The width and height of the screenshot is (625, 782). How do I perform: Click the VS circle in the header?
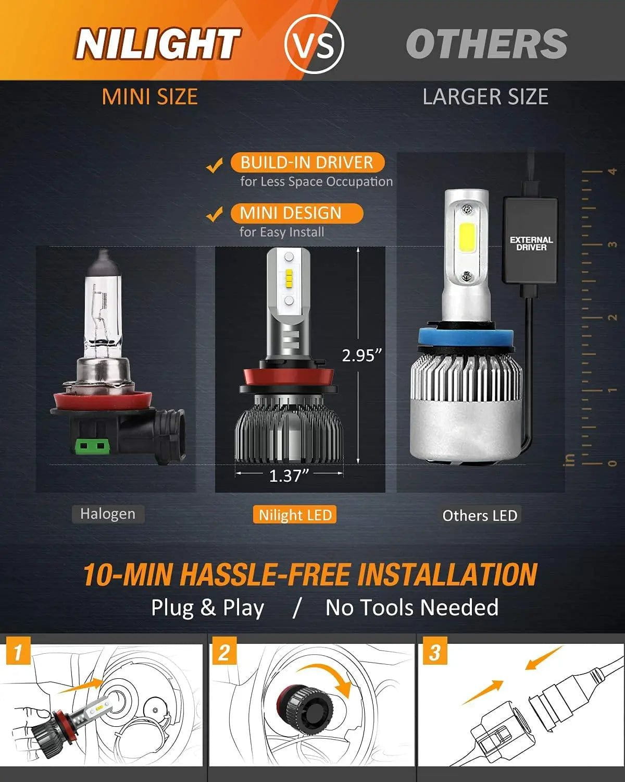pos(315,44)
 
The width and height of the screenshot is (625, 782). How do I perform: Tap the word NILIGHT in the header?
pos(157,44)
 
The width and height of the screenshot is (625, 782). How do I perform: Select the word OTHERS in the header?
pos(486,44)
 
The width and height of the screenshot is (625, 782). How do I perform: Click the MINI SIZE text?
pos(150,97)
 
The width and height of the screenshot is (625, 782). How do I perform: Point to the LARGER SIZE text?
pos(485,97)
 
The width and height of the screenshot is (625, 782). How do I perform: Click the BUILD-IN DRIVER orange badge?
pos(307,162)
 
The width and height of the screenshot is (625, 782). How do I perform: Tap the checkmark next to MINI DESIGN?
pos(214,214)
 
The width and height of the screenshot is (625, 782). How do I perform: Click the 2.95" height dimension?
pos(362,356)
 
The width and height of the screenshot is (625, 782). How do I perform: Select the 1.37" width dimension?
pos(289,475)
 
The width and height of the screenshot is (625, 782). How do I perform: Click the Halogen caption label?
pos(108,514)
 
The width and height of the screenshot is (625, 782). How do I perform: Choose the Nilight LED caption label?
pos(295,515)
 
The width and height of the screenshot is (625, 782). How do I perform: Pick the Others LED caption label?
pos(480,516)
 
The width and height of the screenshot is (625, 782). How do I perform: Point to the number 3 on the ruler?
pos(612,244)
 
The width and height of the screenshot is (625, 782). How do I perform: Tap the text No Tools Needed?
pos(412,608)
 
